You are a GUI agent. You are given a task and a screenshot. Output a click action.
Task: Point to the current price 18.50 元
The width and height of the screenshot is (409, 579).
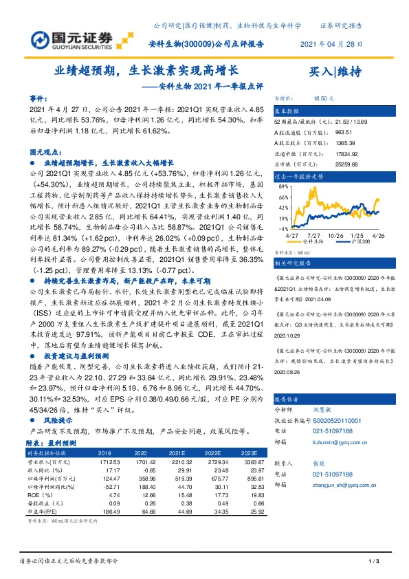(x=323, y=99)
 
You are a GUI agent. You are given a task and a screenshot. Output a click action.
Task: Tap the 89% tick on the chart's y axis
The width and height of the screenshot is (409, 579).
(x=283, y=186)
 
